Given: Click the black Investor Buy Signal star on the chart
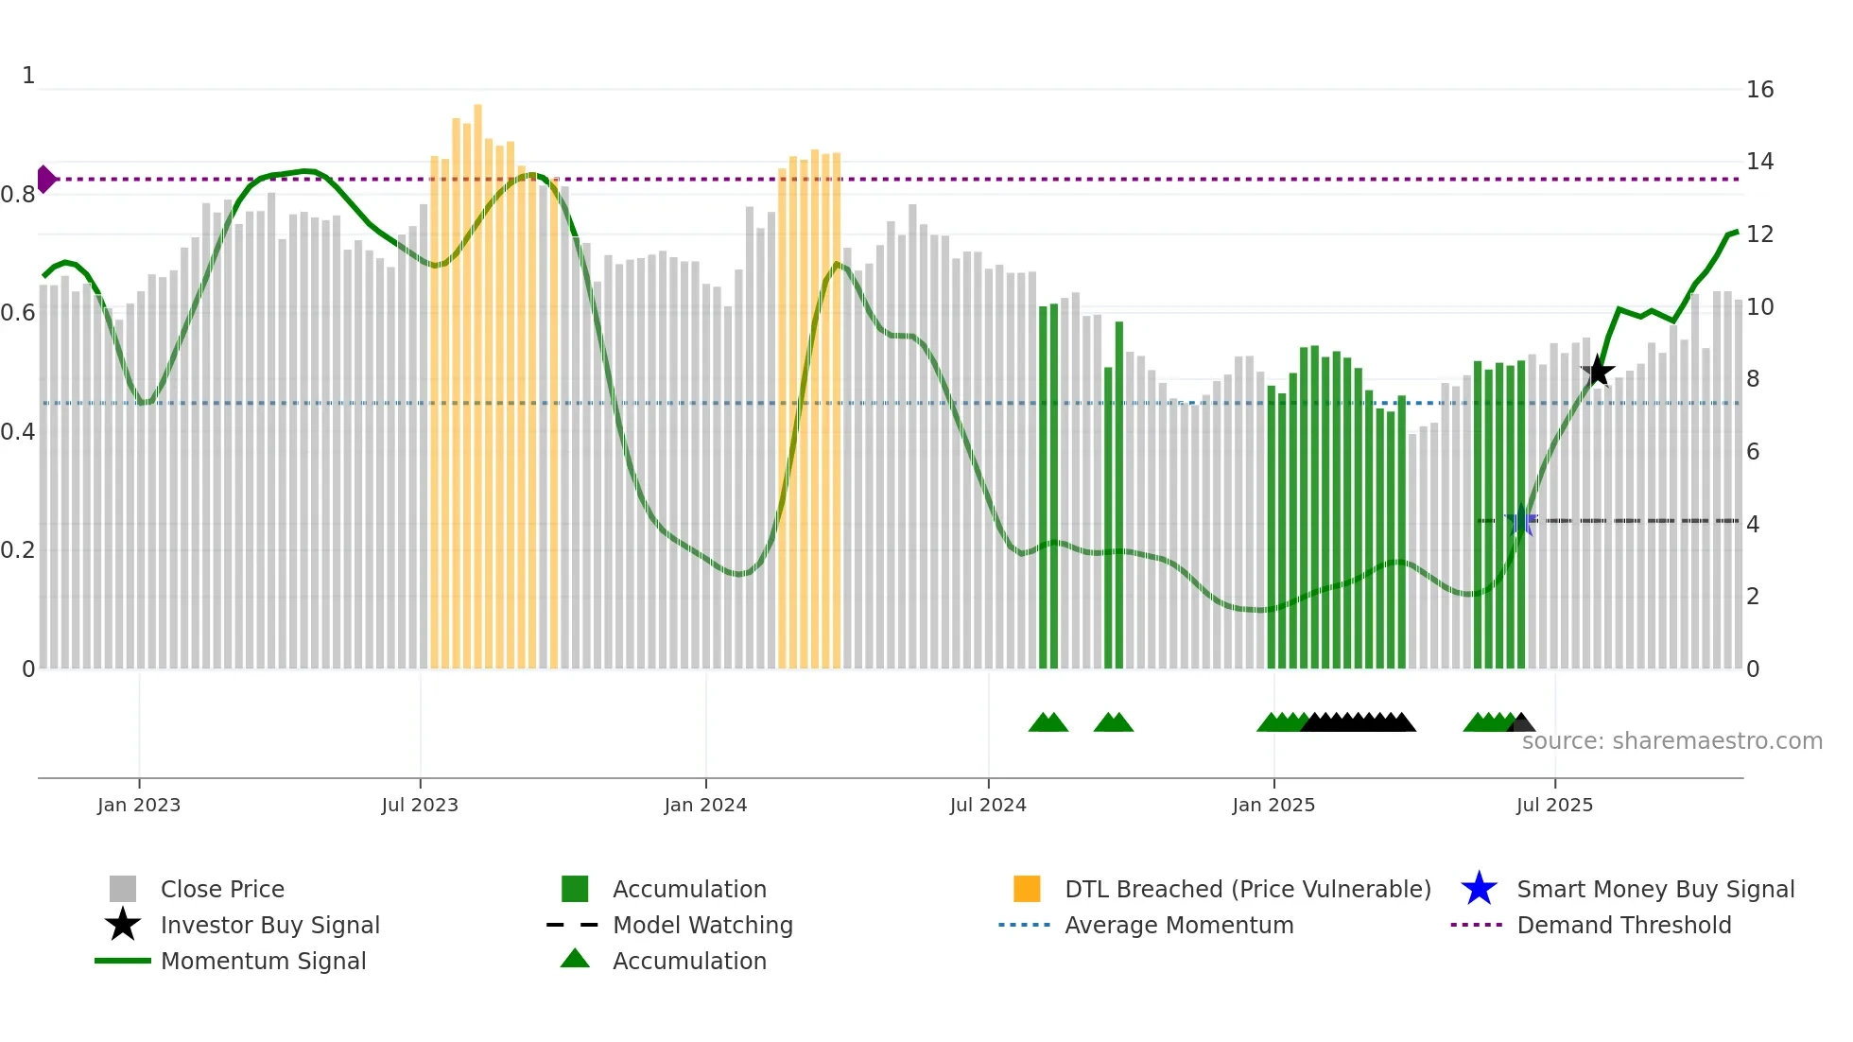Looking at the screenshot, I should click(x=1598, y=372).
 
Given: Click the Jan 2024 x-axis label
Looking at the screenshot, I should click(x=705, y=805).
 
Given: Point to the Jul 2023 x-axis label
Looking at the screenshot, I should click(x=420, y=805).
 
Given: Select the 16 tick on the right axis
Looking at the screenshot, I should click(x=1759, y=90).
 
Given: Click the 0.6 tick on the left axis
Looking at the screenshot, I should click(x=18, y=313).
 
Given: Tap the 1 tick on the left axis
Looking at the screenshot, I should click(x=28, y=76).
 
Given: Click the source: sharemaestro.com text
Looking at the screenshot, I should click(x=1671, y=741).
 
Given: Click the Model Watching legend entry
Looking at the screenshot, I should click(x=701, y=925).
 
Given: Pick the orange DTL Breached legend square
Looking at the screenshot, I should click(x=1027, y=889).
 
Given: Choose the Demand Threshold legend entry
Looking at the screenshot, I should click(x=1623, y=925).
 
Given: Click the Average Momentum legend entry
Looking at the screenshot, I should click(x=1178, y=925).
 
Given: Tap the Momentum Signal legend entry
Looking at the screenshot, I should click(x=263, y=961).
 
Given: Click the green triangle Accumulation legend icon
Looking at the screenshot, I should click(x=575, y=960).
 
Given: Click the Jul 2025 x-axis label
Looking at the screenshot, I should click(x=1554, y=805).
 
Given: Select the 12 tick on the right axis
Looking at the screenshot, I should click(x=1759, y=234).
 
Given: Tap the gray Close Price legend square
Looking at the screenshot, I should click(x=123, y=889).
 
